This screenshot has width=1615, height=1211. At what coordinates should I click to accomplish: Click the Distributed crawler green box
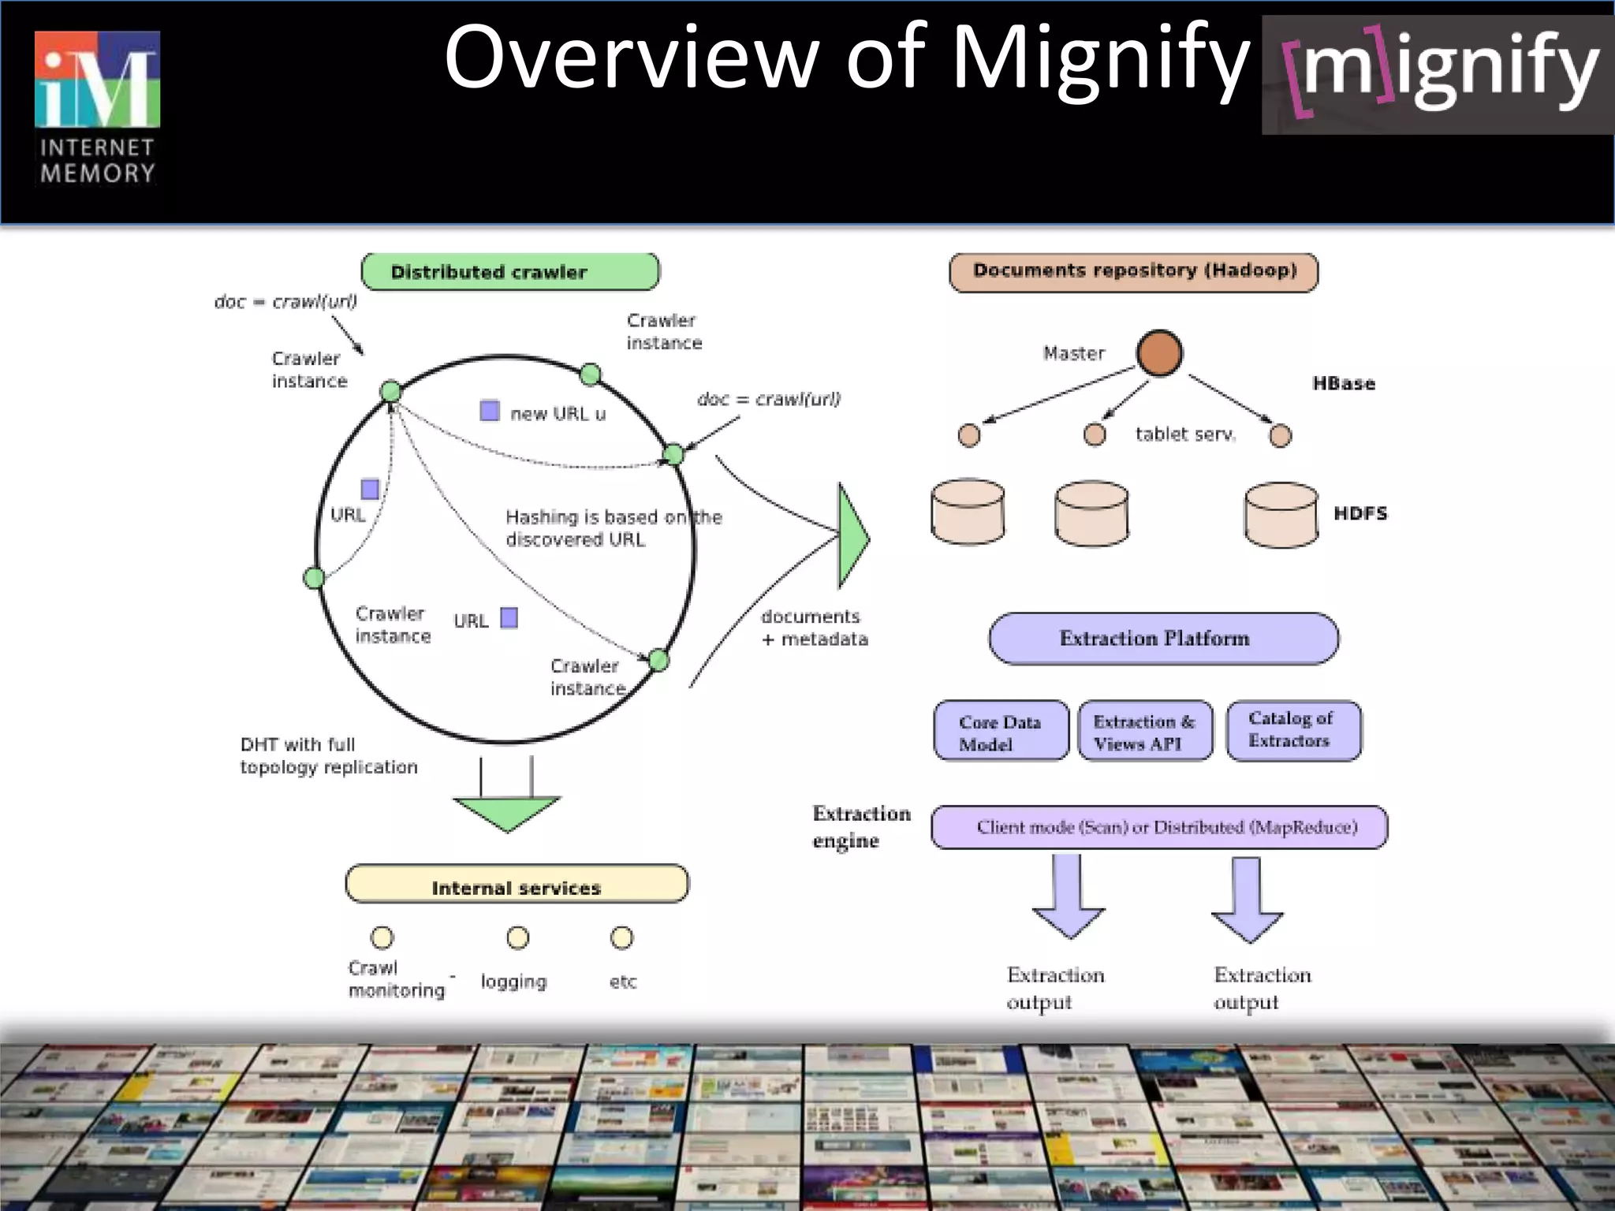tap(510, 272)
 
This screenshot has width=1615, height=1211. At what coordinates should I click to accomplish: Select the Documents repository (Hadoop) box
tap(1133, 271)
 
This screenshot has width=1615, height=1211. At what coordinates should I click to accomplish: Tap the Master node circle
tap(1159, 352)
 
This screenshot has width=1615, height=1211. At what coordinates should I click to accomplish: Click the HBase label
tap(1344, 384)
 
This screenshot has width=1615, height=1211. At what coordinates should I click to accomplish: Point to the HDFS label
tap(1360, 513)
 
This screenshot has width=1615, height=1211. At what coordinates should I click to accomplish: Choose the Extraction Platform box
tap(1163, 639)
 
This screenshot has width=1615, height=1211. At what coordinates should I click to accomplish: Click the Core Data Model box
tap(1001, 732)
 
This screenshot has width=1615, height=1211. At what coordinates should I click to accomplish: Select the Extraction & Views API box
tap(1144, 732)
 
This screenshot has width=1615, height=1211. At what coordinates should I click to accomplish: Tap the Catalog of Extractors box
tap(1293, 730)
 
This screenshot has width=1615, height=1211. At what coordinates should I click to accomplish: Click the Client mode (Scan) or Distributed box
tap(1159, 827)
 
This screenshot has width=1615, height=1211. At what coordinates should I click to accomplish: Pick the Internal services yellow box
tap(517, 885)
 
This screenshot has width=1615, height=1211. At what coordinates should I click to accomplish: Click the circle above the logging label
tap(518, 937)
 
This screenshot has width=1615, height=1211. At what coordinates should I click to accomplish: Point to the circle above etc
tap(621, 937)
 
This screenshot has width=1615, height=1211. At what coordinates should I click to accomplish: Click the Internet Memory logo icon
tap(97, 80)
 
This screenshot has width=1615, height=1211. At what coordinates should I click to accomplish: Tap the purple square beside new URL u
tap(490, 411)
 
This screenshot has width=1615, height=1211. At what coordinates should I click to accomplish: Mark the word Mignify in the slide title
tap(1101, 58)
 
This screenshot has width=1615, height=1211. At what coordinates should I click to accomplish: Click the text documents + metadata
tap(813, 628)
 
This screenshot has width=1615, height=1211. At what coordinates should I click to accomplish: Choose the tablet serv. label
tap(1184, 434)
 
